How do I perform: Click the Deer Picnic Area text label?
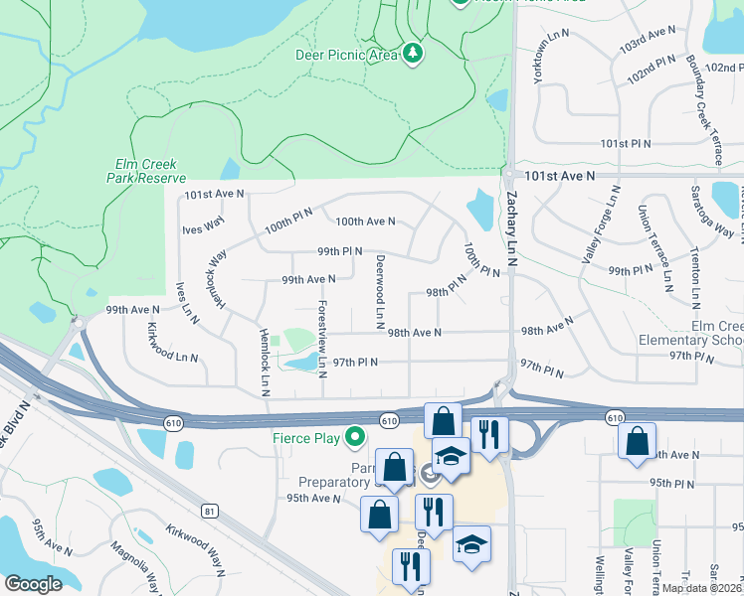click(x=346, y=56)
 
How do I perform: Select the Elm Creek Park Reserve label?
click(x=146, y=172)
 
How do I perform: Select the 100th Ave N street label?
click(x=365, y=222)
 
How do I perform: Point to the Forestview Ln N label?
click(x=322, y=339)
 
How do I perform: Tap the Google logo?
click(x=33, y=584)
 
